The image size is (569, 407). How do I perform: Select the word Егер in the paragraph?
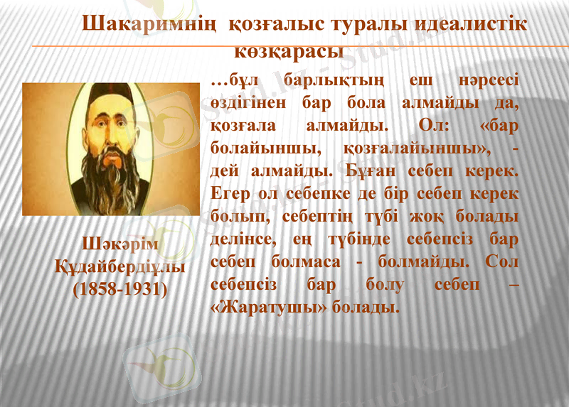coord(232,194)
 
